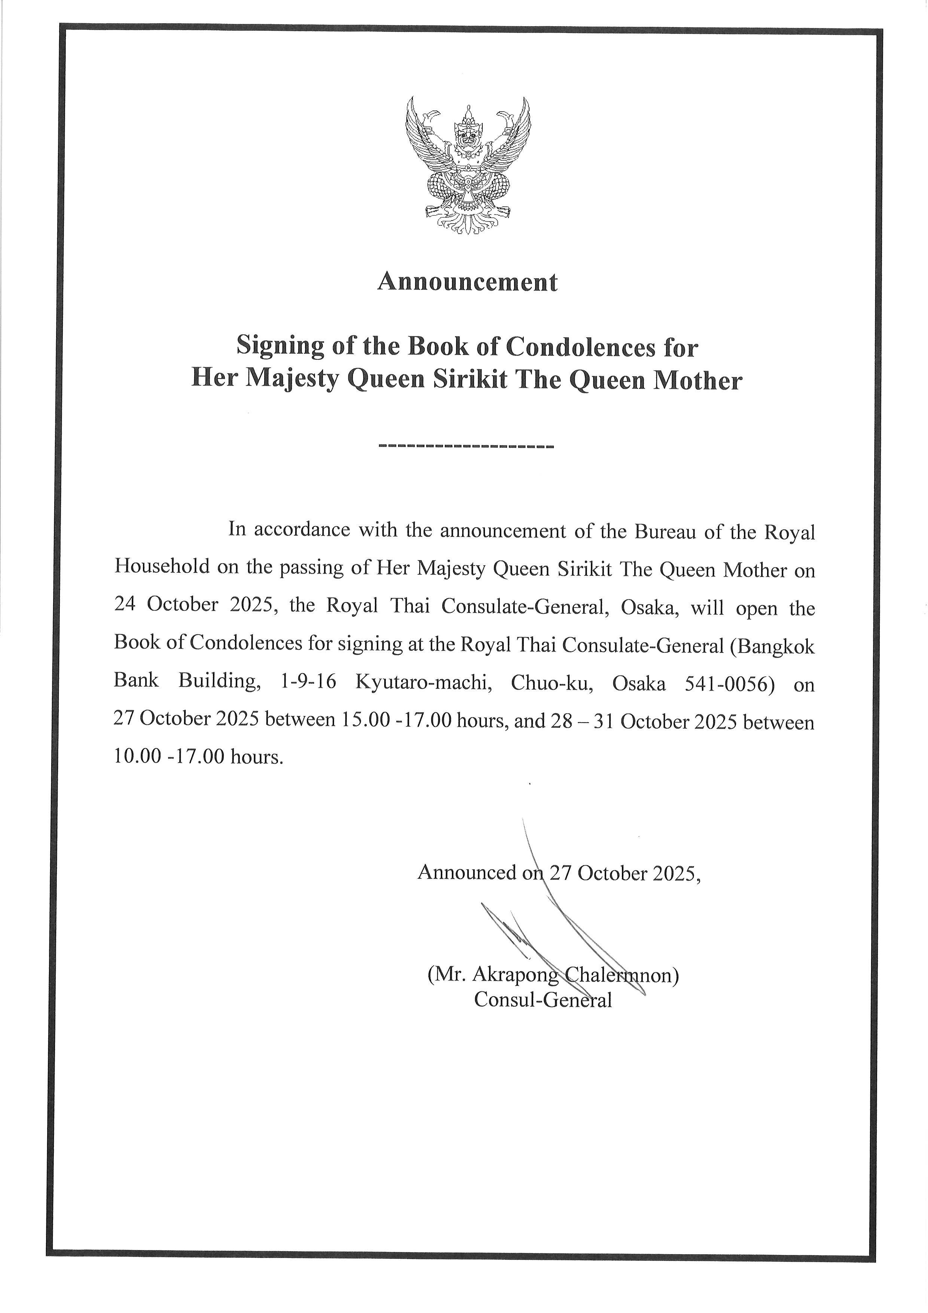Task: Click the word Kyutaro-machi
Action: (x=416, y=683)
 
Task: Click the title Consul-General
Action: (x=543, y=1000)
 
